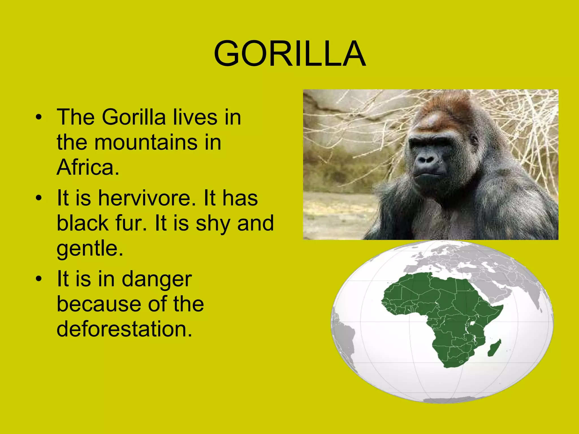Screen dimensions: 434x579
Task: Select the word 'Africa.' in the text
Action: click(x=88, y=167)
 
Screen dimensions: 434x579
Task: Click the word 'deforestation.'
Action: click(x=124, y=329)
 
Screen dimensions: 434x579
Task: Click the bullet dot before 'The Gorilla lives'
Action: click(x=39, y=117)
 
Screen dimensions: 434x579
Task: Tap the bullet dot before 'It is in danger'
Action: click(x=39, y=279)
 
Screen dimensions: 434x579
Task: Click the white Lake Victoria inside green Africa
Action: click(x=472, y=323)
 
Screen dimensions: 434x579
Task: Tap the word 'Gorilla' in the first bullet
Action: click(x=133, y=117)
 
